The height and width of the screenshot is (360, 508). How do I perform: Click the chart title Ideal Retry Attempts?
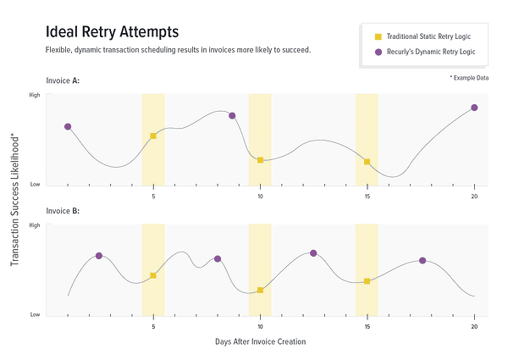coord(112,32)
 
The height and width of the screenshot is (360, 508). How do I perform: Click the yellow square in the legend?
coord(378,36)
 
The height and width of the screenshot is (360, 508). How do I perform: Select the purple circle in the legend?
coord(378,53)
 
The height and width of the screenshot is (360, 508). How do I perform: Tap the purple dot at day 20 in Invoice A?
coord(474,108)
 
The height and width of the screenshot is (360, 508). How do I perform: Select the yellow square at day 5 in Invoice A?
coord(153,136)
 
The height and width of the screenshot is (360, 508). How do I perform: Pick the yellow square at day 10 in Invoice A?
coord(260,160)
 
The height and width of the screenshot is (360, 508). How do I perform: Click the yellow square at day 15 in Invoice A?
coord(367,162)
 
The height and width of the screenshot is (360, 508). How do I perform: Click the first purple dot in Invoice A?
coord(68,126)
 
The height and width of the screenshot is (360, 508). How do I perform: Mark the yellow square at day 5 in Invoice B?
coord(153,275)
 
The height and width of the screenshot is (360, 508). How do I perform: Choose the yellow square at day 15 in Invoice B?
coord(367,281)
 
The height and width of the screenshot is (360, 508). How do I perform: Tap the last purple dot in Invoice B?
coord(422,261)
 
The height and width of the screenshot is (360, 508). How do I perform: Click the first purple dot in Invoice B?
coord(99,256)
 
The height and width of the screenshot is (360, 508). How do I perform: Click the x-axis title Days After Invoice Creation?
coord(259,341)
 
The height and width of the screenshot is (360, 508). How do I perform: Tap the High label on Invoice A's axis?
coord(35,95)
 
